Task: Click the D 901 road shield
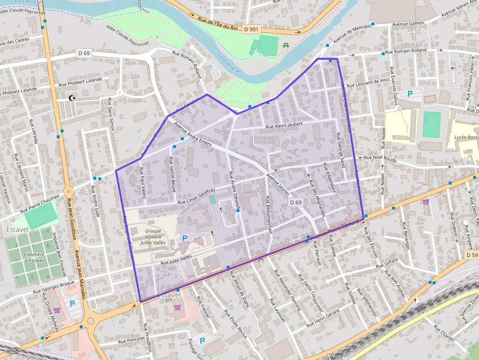point(251,30)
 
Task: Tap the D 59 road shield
point(472,255)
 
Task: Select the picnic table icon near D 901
point(286,45)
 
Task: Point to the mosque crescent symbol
point(73,98)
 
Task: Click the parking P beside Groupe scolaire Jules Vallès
point(185,238)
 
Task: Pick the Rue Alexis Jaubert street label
point(284,125)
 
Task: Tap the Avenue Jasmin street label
point(277,182)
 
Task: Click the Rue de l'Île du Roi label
point(218,24)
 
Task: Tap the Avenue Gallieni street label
point(407,23)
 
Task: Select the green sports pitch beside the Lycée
point(432,124)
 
